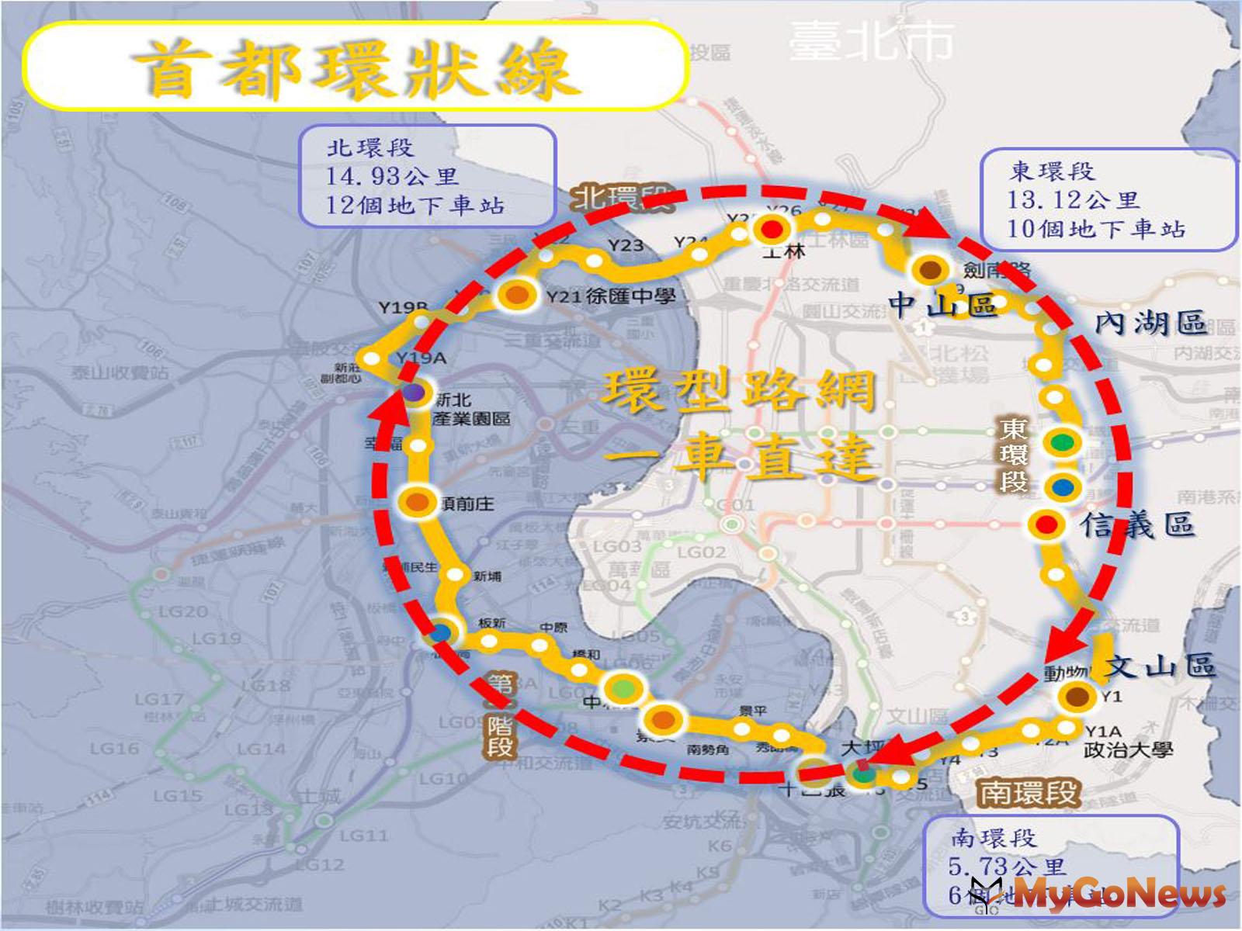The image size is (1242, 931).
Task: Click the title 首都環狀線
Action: pos(356,68)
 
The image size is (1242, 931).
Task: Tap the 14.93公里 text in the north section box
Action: pos(392,176)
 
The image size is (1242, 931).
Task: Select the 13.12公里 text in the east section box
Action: pos(1073,199)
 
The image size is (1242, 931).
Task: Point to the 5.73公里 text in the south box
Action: pos(1008,866)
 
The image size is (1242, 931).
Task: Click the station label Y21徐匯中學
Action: pos(610,296)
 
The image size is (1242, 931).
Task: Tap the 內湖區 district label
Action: pos(1150,322)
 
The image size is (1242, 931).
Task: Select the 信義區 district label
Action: pos(1137,525)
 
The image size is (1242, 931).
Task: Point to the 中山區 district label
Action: pos(942,304)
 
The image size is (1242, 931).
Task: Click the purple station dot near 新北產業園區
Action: pos(414,393)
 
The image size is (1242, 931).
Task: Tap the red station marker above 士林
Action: pos(772,230)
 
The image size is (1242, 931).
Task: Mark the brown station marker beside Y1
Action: pos(1077,697)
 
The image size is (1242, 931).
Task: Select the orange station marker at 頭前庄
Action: pos(419,502)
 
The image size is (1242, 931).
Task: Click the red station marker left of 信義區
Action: pos(1047,524)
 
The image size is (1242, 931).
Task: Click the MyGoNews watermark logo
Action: pos(1102,894)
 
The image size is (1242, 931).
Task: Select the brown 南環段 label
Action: pos(1029,793)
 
